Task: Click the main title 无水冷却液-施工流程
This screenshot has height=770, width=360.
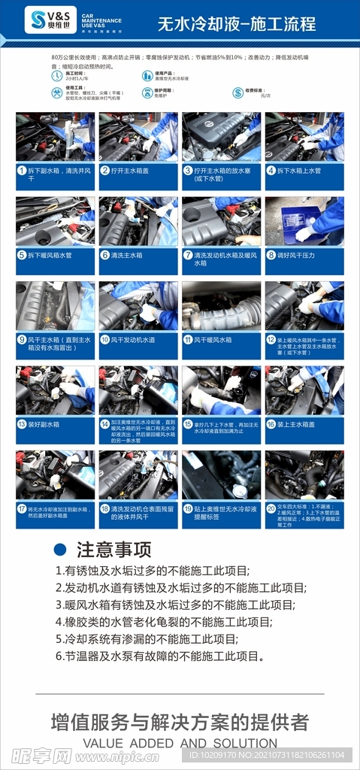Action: pos(236,24)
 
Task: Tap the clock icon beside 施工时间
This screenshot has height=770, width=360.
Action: pos(57,75)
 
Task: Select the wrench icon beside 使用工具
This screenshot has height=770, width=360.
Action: pos(57,92)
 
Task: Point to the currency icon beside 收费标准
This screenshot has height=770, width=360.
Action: pos(236,92)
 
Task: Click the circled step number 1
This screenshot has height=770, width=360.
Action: pos(23,171)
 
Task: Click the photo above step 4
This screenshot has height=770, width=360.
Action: pos(304,136)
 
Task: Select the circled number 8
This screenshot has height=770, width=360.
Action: pos(271,255)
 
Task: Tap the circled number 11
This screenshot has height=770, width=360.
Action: pos(189,340)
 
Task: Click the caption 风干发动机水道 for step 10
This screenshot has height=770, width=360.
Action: pos(137,340)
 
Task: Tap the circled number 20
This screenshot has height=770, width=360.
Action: pos(271,508)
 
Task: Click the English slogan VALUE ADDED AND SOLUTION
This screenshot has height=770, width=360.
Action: pos(180,743)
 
